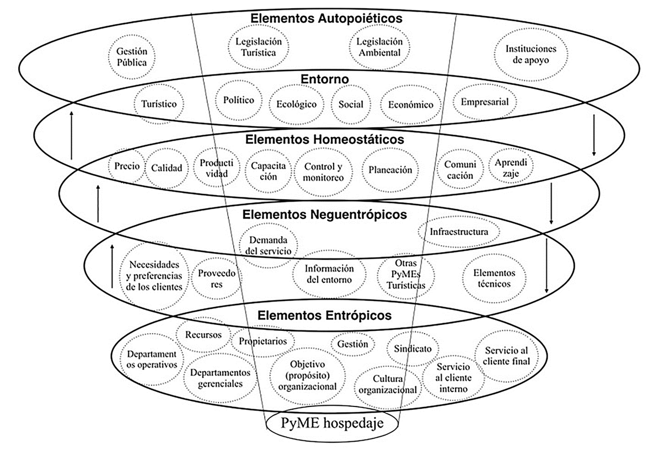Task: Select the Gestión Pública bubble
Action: (131, 56)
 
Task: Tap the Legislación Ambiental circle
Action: (380, 47)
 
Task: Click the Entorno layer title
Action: (326, 79)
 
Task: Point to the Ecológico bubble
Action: (297, 104)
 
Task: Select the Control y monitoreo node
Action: (324, 172)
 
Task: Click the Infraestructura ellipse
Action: (459, 232)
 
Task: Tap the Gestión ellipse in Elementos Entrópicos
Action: (353, 344)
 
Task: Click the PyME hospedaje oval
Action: (332, 424)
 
